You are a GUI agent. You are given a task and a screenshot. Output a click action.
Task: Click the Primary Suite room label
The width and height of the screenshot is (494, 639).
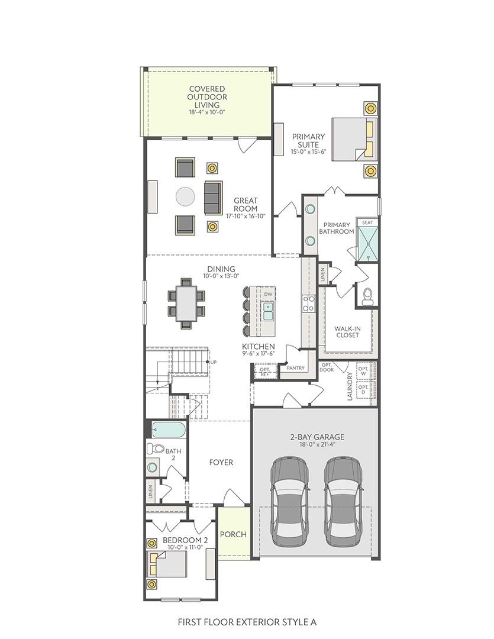(x=308, y=140)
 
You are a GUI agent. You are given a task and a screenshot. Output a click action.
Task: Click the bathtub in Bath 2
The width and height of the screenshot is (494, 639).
(x=169, y=429)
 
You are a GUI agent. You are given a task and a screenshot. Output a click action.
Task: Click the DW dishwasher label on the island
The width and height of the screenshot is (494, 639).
(x=268, y=294)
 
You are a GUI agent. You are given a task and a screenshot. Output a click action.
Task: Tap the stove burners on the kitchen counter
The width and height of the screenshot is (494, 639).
(x=308, y=303)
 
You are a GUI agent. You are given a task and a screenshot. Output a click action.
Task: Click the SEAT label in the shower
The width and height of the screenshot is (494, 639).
(x=367, y=222)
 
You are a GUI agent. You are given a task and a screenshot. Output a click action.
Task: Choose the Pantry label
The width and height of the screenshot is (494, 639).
(x=295, y=368)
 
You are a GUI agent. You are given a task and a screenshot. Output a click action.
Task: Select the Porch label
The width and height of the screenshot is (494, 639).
(x=233, y=534)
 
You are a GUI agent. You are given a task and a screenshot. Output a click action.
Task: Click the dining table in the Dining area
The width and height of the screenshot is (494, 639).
(x=186, y=303)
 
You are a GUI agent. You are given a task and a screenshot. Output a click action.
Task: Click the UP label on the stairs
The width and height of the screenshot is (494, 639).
(x=213, y=362)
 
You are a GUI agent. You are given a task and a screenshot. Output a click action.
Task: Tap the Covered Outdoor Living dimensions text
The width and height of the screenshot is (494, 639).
(x=207, y=112)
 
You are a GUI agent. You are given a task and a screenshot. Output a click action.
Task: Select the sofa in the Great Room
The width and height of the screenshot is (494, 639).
(x=212, y=198)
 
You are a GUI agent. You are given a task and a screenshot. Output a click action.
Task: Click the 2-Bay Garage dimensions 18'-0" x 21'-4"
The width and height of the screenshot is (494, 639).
(x=317, y=446)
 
